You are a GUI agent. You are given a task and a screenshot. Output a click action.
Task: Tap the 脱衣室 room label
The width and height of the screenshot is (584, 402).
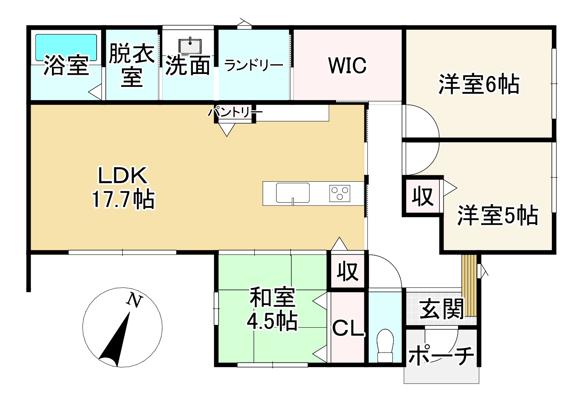(132, 65)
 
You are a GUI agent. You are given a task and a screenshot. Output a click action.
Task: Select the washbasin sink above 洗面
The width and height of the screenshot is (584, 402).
(190, 45)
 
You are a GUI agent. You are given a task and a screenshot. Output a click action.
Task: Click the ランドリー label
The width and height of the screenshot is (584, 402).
(254, 65)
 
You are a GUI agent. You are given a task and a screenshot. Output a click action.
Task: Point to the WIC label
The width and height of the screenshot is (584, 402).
(347, 66)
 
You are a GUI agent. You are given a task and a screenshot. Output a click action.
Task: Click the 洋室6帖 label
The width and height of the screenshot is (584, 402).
(479, 85)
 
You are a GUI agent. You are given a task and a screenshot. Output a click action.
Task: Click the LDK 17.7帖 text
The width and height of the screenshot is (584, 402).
(123, 187)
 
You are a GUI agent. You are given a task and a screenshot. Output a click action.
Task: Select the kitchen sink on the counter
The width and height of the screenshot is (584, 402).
(293, 193)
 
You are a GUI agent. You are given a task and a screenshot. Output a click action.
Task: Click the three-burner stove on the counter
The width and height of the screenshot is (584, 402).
(340, 193)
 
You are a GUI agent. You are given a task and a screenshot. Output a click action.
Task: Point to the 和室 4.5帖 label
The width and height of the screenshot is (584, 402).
(272, 309)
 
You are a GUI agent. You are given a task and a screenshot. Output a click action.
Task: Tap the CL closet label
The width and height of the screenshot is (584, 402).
(348, 329)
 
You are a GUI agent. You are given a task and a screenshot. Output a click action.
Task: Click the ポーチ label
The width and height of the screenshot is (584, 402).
(441, 355)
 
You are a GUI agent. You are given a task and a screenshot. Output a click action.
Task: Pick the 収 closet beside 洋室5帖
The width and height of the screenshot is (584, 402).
(423, 197)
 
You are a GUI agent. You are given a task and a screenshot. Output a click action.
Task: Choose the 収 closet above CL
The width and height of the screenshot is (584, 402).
(348, 271)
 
